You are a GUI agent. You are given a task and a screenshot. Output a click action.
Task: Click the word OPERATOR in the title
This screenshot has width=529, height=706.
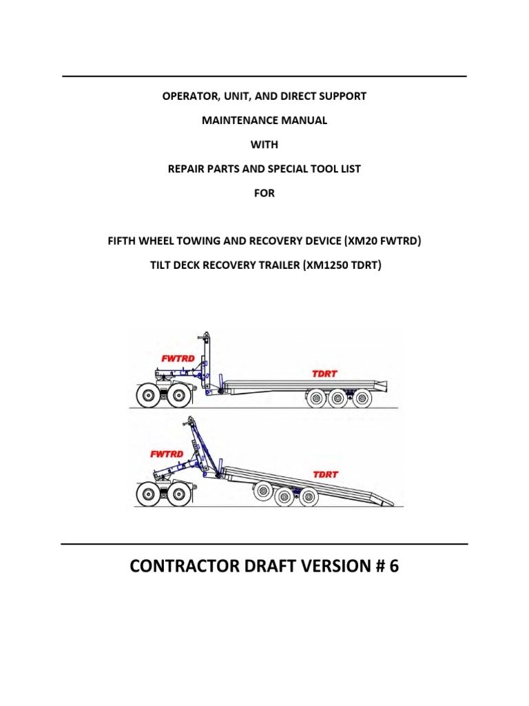click(x=188, y=96)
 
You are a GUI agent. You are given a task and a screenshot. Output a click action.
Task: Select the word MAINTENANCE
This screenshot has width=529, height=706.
click(x=230, y=120)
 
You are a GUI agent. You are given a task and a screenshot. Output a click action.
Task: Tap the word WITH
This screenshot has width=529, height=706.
click(x=264, y=145)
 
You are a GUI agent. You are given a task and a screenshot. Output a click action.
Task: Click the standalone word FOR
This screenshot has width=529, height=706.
click(x=264, y=193)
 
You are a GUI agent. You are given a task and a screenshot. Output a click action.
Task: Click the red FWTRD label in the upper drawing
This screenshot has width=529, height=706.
click(x=177, y=359)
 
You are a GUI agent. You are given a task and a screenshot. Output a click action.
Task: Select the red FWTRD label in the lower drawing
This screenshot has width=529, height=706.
click(x=167, y=454)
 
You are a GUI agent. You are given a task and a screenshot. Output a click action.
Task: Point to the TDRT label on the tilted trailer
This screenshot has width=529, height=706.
click(x=325, y=474)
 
